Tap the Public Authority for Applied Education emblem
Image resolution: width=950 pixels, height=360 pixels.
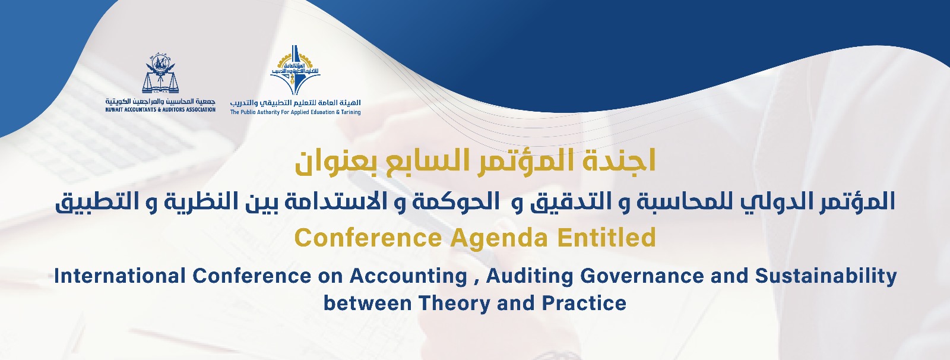point(295,71)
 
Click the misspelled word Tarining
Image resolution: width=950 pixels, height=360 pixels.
point(350,112)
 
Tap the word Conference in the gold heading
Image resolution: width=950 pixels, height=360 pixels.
point(368,238)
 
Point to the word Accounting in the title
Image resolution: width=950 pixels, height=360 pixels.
point(408,277)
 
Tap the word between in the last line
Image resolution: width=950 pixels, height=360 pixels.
point(368,304)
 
